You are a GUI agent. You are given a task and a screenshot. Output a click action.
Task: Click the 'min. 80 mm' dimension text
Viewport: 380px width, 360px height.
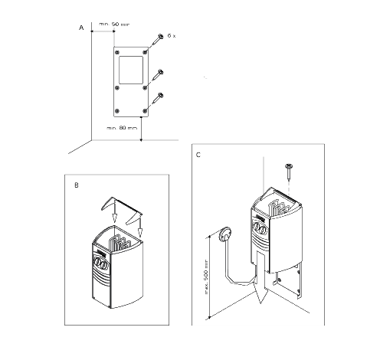122,128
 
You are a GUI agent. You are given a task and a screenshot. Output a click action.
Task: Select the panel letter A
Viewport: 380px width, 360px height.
81,27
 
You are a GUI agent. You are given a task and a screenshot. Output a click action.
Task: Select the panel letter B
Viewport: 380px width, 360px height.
75,185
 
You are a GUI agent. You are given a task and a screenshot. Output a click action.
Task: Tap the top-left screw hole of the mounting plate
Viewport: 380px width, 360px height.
116,51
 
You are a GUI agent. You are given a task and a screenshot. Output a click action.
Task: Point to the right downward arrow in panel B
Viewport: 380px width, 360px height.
141,228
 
